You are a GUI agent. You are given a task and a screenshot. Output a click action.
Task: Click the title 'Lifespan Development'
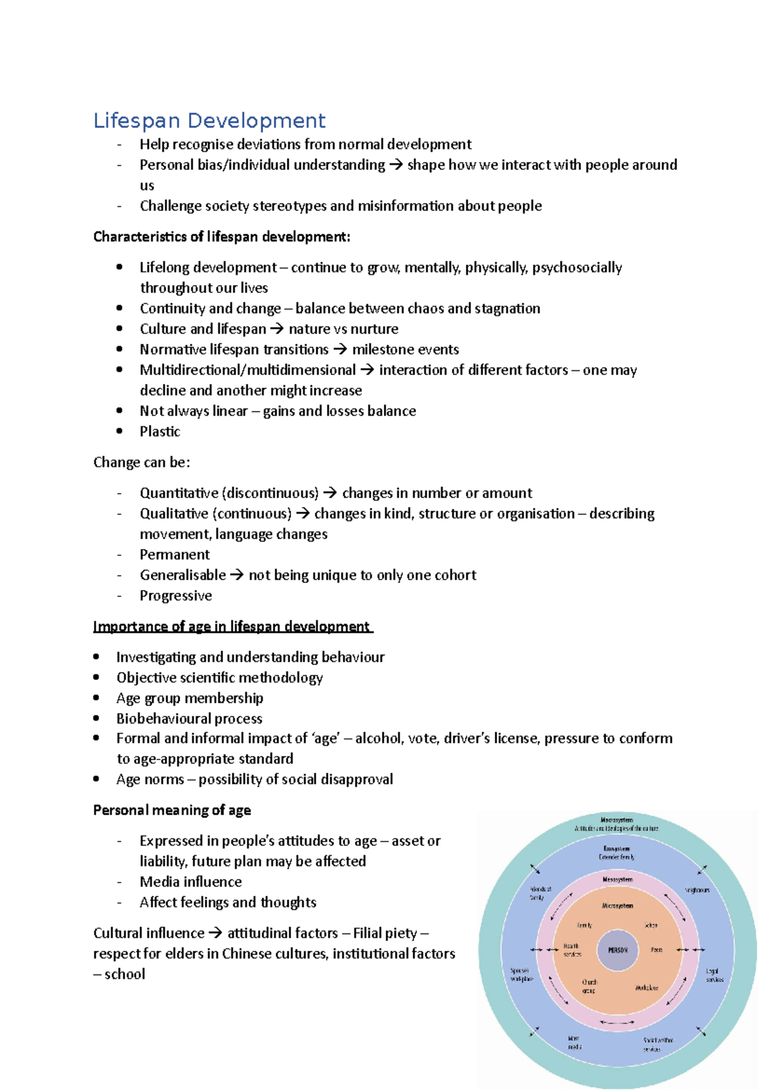pyautogui.click(x=209, y=121)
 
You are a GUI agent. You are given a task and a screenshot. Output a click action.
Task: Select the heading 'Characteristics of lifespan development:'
pyautogui.click(x=221, y=237)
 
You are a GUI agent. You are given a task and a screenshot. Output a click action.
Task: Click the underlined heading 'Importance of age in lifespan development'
pyautogui.click(x=232, y=627)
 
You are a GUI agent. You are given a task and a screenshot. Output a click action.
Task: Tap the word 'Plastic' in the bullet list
pyautogui.click(x=160, y=431)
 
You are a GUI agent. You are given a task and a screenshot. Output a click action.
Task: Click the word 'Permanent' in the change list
pyautogui.click(x=175, y=555)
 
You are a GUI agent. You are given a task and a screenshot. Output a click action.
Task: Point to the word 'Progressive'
pyautogui.click(x=176, y=596)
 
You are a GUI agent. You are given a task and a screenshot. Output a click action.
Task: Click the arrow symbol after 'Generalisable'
pyautogui.click(x=237, y=575)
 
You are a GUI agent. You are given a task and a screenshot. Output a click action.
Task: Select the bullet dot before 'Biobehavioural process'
pyautogui.click(x=96, y=718)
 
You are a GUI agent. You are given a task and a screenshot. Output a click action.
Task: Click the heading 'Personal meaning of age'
pyautogui.click(x=172, y=810)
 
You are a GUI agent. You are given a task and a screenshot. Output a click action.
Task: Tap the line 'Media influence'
pyautogui.click(x=191, y=882)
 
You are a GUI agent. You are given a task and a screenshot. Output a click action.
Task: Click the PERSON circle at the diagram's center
pyautogui.click(x=617, y=950)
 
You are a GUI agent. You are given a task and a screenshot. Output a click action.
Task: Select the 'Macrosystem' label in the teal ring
pyautogui.click(x=617, y=820)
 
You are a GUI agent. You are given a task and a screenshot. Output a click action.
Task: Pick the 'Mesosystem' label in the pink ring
pyautogui.click(x=617, y=879)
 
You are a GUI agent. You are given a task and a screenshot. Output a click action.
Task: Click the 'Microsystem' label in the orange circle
pyautogui.click(x=617, y=906)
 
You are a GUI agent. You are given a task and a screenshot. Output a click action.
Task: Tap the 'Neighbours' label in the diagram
pyautogui.click(x=697, y=890)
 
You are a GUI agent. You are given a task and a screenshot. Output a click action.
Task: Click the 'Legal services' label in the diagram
pyautogui.click(x=714, y=975)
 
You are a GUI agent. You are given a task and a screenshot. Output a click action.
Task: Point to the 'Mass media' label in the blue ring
pyautogui.click(x=574, y=1042)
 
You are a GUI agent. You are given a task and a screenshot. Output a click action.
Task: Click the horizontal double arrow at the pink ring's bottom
pyautogui.click(x=617, y=1022)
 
